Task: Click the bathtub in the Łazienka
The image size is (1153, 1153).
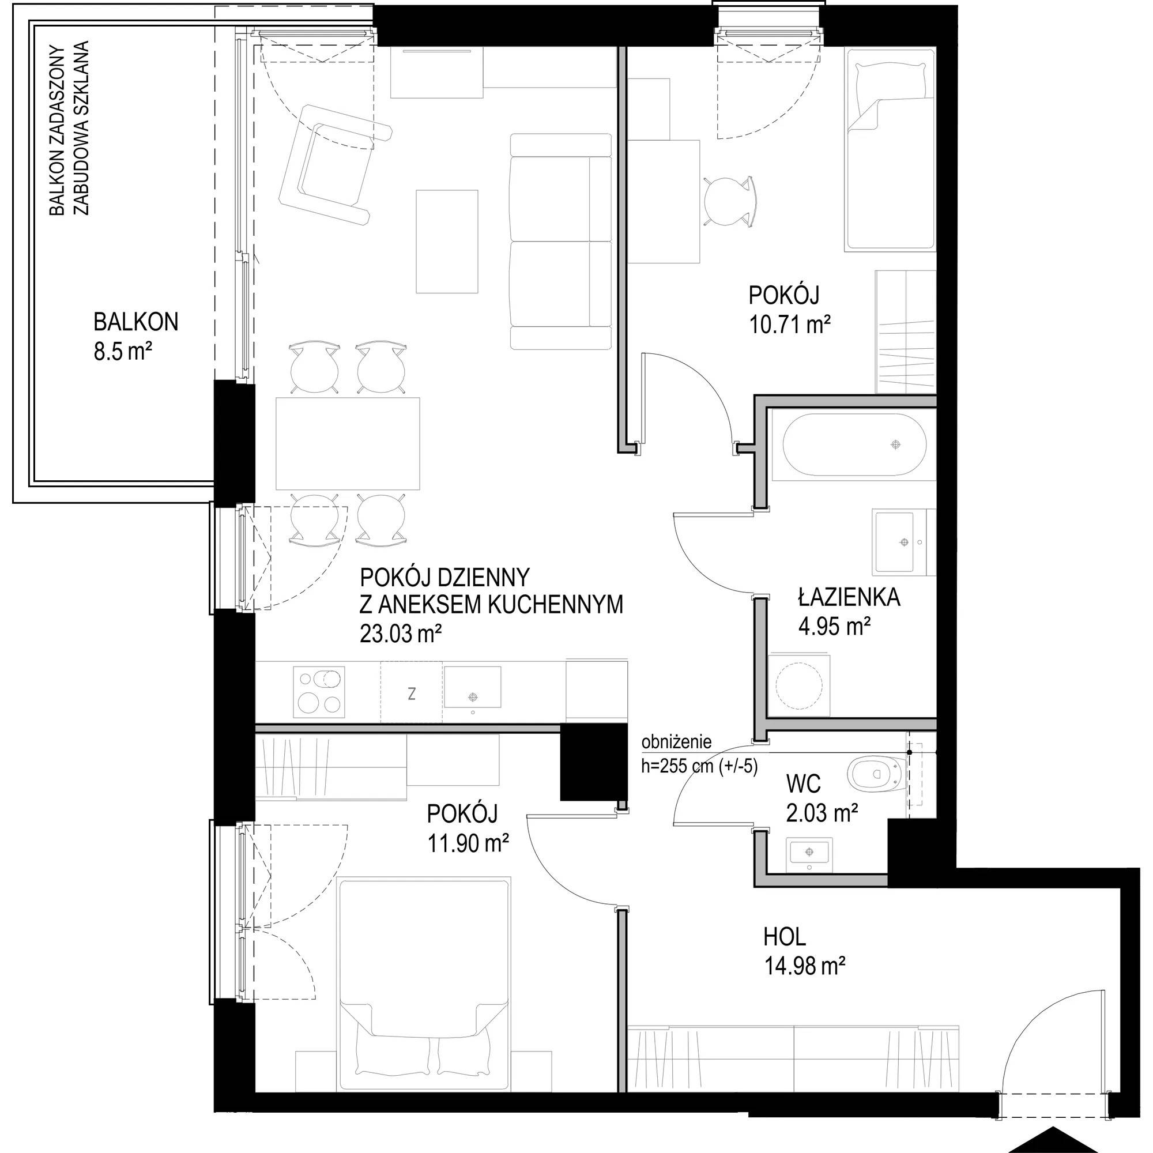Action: pyautogui.click(x=854, y=444)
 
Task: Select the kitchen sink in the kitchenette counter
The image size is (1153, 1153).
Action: pyautogui.click(x=472, y=687)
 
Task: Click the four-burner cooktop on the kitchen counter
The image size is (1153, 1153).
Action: pyautogui.click(x=319, y=692)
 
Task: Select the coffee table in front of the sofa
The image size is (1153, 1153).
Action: pyautogui.click(x=447, y=241)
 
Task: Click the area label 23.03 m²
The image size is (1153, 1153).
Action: pyautogui.click(x=401, y=632)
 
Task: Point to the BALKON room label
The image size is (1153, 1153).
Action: pyautogui.click(x=135, y=322)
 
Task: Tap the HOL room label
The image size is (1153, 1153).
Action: pyautogui.click(x=785, y=937)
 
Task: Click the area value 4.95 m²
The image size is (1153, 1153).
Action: pyautogui.click(x=834, y=627)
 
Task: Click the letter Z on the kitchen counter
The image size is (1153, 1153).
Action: pyautogui.click(x=411, y=694)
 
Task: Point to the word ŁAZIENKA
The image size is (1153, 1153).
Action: pyautogui.click(x=849, y=597)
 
